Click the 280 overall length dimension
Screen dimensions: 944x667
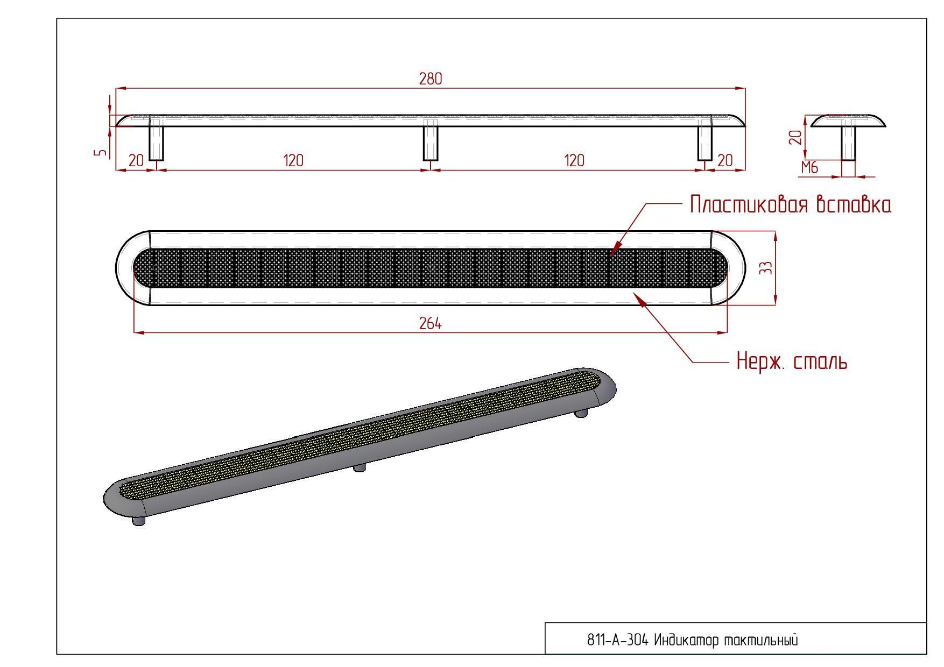(431, 79)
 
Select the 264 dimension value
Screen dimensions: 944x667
(431, 323)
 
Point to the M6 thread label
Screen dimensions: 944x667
(809, 168)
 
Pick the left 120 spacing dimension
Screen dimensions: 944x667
(293, 160)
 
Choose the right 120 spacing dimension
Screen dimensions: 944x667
(574, 160)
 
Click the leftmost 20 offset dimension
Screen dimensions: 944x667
(136, 160)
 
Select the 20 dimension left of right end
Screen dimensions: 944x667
(725, 160)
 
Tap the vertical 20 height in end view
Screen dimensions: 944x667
(795, 137)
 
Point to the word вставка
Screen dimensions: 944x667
(854, 205)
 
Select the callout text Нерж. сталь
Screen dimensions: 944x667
(792, 360)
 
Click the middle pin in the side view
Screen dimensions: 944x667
(431, 140)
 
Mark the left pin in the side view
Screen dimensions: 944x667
(156, 140)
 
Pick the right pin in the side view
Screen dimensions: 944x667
(705, 140)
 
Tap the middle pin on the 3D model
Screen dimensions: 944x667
(360, 467)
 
